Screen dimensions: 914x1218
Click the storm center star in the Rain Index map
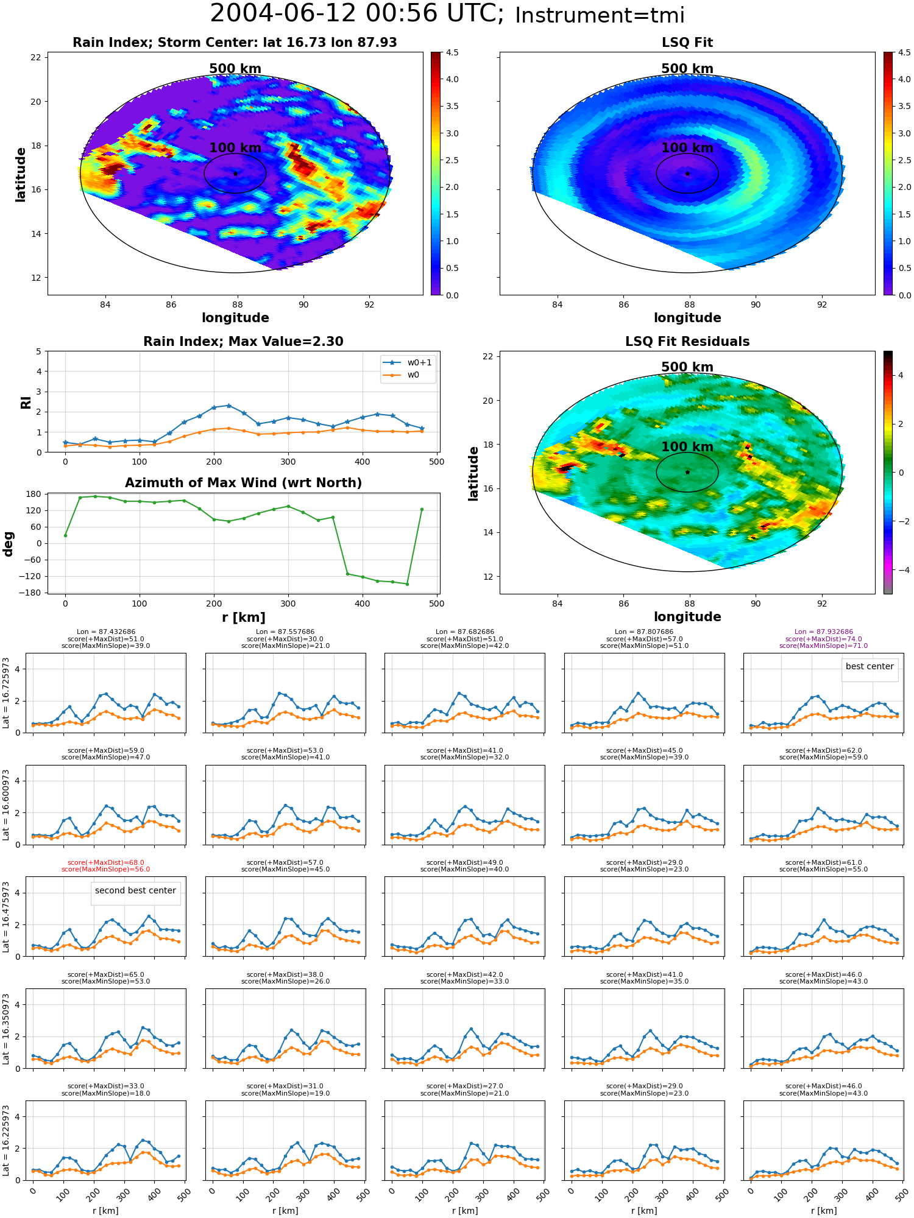point(235,174)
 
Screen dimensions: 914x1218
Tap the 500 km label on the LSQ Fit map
point(687,69)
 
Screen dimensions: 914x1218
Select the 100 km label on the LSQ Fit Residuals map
point(687,446)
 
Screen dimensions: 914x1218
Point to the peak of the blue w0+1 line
point(228,406)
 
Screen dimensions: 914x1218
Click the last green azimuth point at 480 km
point(422,509)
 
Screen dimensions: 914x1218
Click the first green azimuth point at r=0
point(65,535)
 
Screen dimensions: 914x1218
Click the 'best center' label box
point(870,666)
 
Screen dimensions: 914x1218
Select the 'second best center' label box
point(135,890)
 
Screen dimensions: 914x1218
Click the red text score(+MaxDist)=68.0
point(106,862)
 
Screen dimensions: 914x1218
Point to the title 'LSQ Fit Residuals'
point(687,342)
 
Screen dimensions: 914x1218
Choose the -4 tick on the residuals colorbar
point(901,570)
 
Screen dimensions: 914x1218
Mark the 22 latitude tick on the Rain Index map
point(36,57)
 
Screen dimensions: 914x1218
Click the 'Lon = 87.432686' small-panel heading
point(106,632)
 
